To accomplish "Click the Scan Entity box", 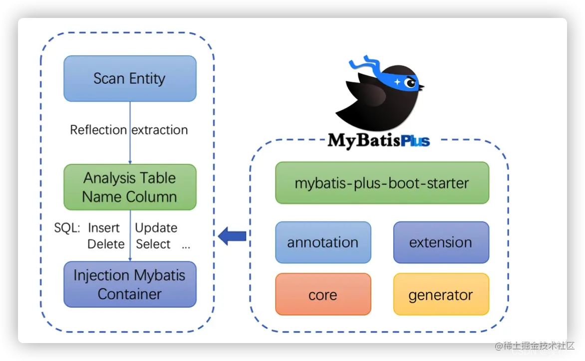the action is pyautogui.click(x=130, y=79).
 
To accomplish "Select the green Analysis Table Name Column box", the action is pyautogui.click(x=130, y=187).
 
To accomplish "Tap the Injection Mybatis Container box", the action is pyautogui.click(x=130, y=284).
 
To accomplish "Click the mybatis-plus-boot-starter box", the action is pyautogui.click(x=382, y=183).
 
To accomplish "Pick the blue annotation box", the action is pyautogui.click(x=323, y=242).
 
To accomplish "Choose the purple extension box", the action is pyautogui.click(x=441, y=242).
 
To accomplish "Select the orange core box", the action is pyautogui.click(x=323, y=294).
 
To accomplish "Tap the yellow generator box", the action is pyautogui.click(x=441, y=294).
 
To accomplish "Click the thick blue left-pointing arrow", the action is pyautogui.click(x=232, y=236).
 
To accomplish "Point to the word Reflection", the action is pyautogui.click(x=98, y=130).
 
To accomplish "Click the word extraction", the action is pyautogui.click(x=160, y=130).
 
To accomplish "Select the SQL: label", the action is pyautogui.click(x=67, y=228).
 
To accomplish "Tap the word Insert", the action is pyautogui.click(x=104, y=228).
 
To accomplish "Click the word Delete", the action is pyautogui.click(x=106, y=244).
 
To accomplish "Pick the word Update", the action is pyautogui.click(x=156, y=228).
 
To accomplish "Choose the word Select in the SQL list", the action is pyautogui.click(x=153, y=244).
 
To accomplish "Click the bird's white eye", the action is pyautogui.click(x=410, y=83).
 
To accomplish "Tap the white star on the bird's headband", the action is pyautogui.click(x=397, y=82).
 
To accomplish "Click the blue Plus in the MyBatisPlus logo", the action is pyautogui.click(x=415, y=141).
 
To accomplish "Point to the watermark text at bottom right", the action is pyautogui.click(x=535, y=346).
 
